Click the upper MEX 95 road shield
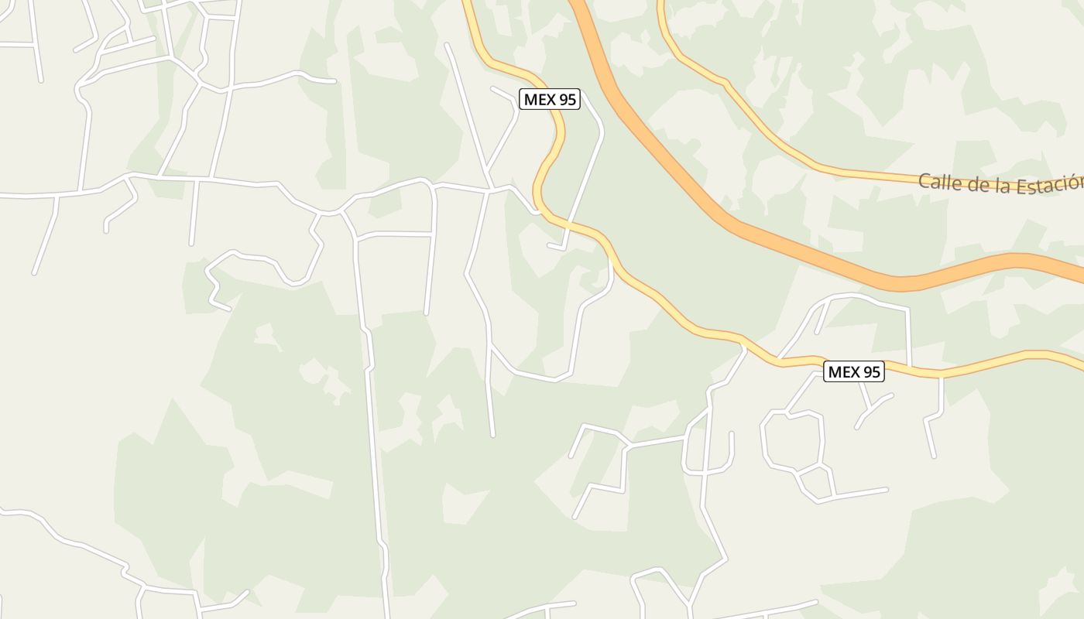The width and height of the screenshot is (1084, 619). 550,99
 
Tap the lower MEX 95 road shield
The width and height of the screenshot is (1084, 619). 854,371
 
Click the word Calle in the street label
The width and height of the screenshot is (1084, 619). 938,183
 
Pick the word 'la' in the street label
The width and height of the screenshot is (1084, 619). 998,186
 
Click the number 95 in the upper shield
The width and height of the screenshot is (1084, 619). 567,99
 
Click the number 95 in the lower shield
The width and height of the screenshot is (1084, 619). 871,371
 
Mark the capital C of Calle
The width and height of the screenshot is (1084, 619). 924,182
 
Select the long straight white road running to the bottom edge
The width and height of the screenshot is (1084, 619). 375,464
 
